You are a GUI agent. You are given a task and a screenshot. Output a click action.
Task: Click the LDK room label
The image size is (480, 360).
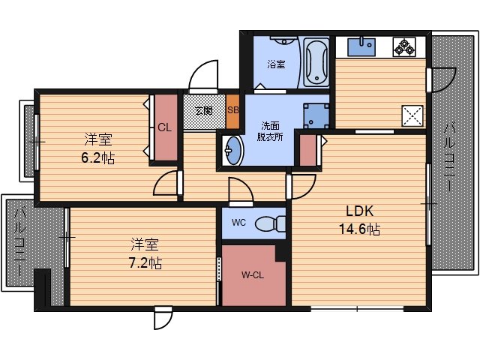click(360, 211)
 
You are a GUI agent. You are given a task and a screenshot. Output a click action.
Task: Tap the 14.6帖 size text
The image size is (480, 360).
click(360, 229)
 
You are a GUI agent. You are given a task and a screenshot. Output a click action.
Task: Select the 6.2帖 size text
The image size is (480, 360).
click(98, 158)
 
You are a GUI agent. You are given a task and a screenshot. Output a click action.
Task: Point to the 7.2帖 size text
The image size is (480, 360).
click(145, 262)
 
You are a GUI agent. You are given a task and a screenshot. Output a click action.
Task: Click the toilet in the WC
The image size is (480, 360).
click(270, 223)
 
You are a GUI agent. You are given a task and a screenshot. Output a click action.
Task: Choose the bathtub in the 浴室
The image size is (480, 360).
click(316, 62)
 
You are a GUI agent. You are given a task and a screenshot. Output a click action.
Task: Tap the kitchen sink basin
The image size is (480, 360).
click(361, 46)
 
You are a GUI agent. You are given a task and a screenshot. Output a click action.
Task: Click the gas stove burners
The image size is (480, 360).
click(404, 46)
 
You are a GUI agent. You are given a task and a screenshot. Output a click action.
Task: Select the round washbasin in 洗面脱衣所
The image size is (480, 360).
click(232, 150)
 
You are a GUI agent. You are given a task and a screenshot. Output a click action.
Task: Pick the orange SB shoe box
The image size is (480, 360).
click(232, 112)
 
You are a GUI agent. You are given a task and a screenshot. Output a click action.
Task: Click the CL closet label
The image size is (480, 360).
click(165, 127)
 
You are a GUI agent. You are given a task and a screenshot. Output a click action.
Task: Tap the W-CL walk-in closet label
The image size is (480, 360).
click(253, 275)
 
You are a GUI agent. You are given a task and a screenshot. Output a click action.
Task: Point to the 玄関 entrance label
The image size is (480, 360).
click(204, 110)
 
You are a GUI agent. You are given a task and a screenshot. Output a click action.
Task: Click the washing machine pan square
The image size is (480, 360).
click(316, 115)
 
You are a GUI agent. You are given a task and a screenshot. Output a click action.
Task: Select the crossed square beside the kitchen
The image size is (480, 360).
click(412, 115)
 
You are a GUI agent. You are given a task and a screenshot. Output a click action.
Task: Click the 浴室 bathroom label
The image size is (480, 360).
click(277, 64)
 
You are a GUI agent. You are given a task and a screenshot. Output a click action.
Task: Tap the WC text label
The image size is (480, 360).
click(238, 223)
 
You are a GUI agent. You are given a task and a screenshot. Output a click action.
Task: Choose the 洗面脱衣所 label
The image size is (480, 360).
click(270, 131)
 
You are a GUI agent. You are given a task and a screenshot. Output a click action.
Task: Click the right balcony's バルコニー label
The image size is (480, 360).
click(450, 157)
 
